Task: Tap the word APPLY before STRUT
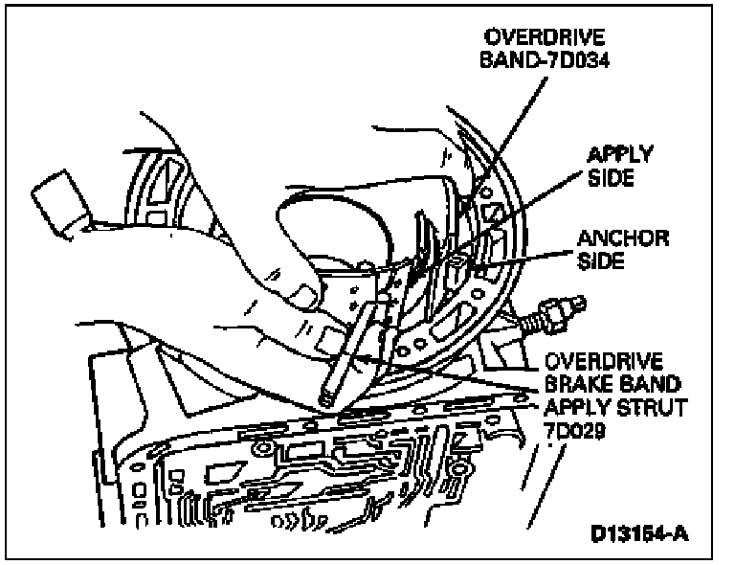(x=554, y=409)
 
